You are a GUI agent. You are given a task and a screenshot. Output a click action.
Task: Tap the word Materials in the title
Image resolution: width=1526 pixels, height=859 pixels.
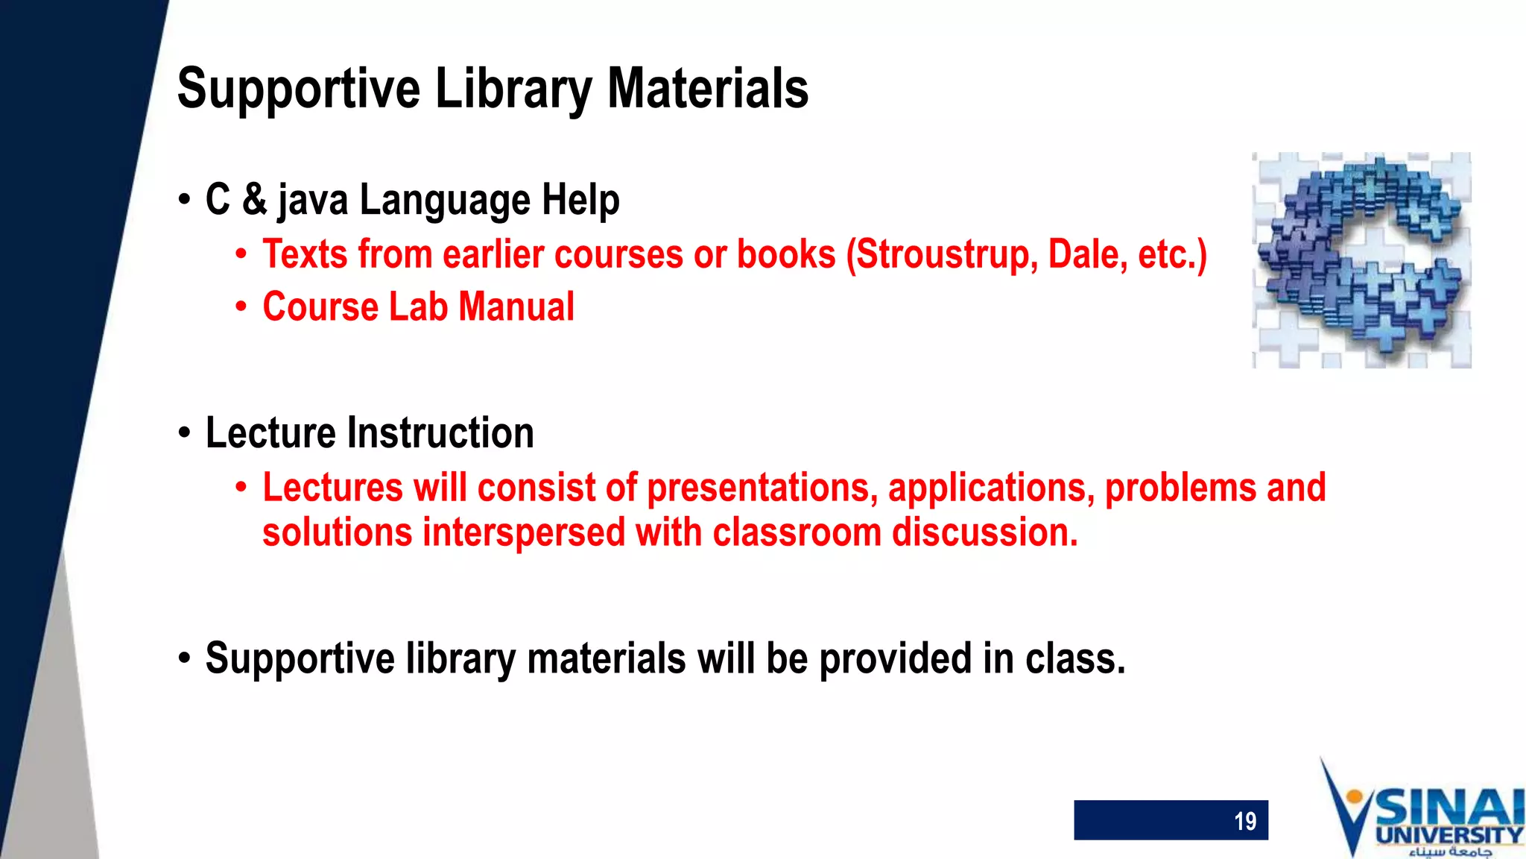[707, 88]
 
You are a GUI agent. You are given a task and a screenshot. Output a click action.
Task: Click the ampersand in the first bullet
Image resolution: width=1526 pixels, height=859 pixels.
[254, 199]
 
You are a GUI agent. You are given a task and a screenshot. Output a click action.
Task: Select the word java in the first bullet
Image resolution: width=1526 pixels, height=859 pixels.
[312, 201]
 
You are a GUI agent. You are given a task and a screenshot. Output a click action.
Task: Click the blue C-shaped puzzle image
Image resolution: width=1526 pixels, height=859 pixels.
[1361, 259]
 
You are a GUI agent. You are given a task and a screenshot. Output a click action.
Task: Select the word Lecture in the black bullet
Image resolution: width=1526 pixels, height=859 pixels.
[270, 433]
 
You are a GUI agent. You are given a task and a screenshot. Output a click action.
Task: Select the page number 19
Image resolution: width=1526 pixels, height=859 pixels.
[1244, 821]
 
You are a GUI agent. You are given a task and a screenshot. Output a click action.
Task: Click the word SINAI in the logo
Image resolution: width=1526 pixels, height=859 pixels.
[1449, 808]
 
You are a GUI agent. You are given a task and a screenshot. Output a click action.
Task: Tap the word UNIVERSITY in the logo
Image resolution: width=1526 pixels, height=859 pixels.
[1449, 835]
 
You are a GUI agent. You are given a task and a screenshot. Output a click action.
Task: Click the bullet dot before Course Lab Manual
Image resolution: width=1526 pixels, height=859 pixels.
[241, 307]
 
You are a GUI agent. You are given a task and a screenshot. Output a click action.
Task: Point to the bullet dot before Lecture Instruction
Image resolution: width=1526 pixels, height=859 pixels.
[185, 434]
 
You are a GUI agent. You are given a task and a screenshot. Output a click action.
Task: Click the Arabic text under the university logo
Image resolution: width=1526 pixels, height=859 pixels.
[1449, 852]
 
